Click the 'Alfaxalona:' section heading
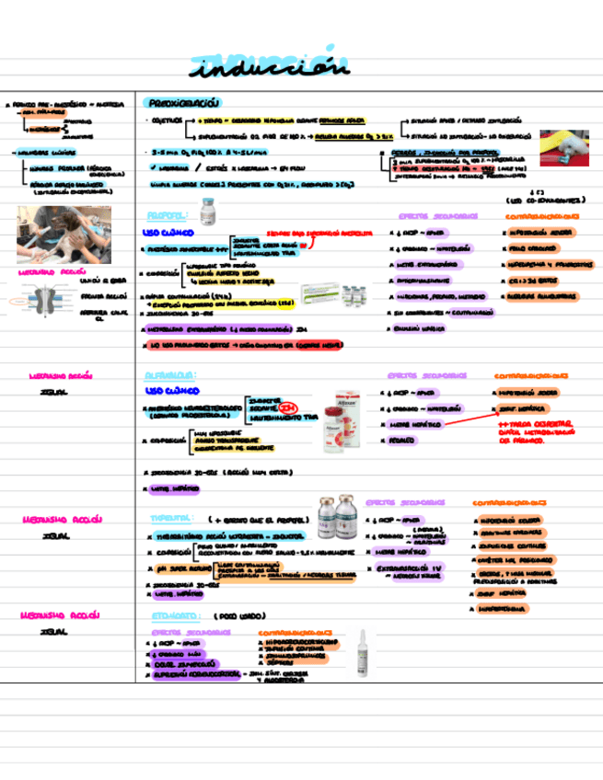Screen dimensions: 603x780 tap(170, 375)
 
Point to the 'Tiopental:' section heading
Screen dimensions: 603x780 tap(168, 519)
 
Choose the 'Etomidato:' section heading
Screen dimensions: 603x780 tap(170, 614)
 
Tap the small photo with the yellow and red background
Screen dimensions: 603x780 tap(564, 147)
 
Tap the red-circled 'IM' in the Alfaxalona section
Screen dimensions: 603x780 tap(289, 407)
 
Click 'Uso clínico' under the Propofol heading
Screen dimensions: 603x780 tap(166, 233)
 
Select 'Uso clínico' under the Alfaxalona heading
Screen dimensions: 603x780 tap(168, 391)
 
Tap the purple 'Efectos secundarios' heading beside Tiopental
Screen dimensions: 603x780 tap(405, 503)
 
